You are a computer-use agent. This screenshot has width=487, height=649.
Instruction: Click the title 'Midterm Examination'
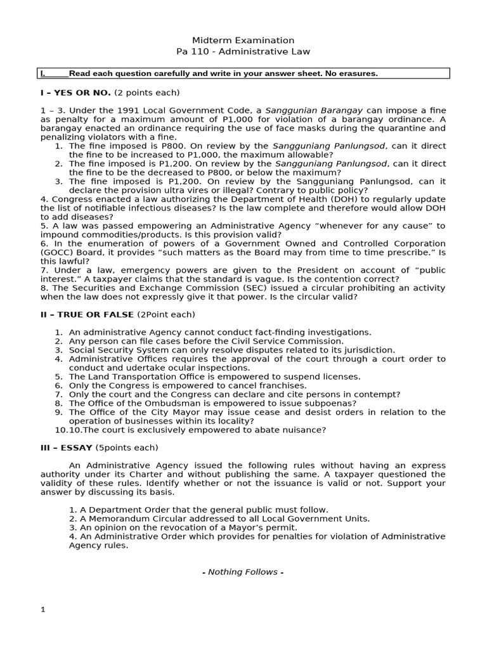243,40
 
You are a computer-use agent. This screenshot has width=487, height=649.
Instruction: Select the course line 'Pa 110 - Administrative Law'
243,51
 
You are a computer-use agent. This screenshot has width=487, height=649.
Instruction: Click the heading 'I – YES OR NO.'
75,93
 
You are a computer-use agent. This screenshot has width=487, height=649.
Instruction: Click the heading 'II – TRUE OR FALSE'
87,314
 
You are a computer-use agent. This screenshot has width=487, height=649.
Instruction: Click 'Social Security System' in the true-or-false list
118,350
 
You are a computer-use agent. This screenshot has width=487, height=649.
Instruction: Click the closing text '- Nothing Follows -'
243,572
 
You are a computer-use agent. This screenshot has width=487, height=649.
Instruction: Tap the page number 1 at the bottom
43,610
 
